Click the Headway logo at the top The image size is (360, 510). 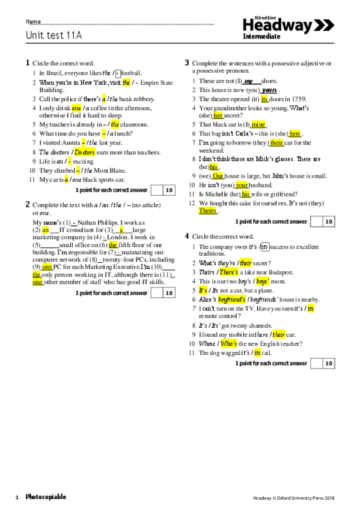[288, 25]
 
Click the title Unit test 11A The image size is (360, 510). [53, 35]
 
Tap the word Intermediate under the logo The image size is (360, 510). [261, 37]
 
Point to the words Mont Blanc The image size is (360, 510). [111, 170]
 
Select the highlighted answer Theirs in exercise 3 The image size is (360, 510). [207, 210]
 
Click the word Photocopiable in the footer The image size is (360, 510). [46, 497]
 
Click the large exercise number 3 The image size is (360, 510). [187, 63]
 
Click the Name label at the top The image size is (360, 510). [33, 22]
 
